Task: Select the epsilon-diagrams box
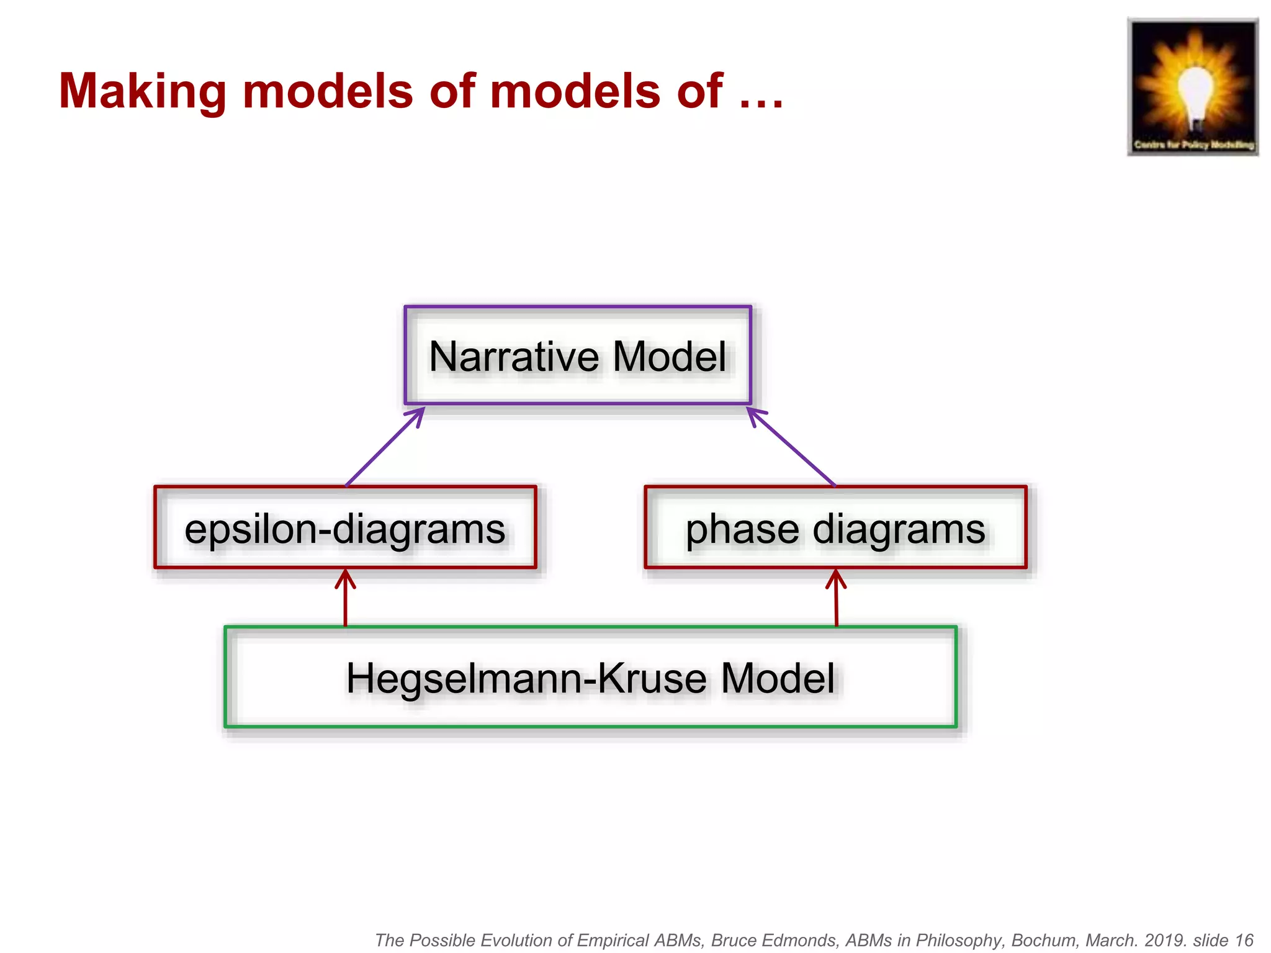(345, 528)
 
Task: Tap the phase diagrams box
(835, 528)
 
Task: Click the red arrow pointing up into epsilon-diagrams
(346, 598)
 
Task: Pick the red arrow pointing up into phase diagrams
(836, 598)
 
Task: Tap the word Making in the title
(142, 92)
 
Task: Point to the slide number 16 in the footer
(1244, 941)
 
